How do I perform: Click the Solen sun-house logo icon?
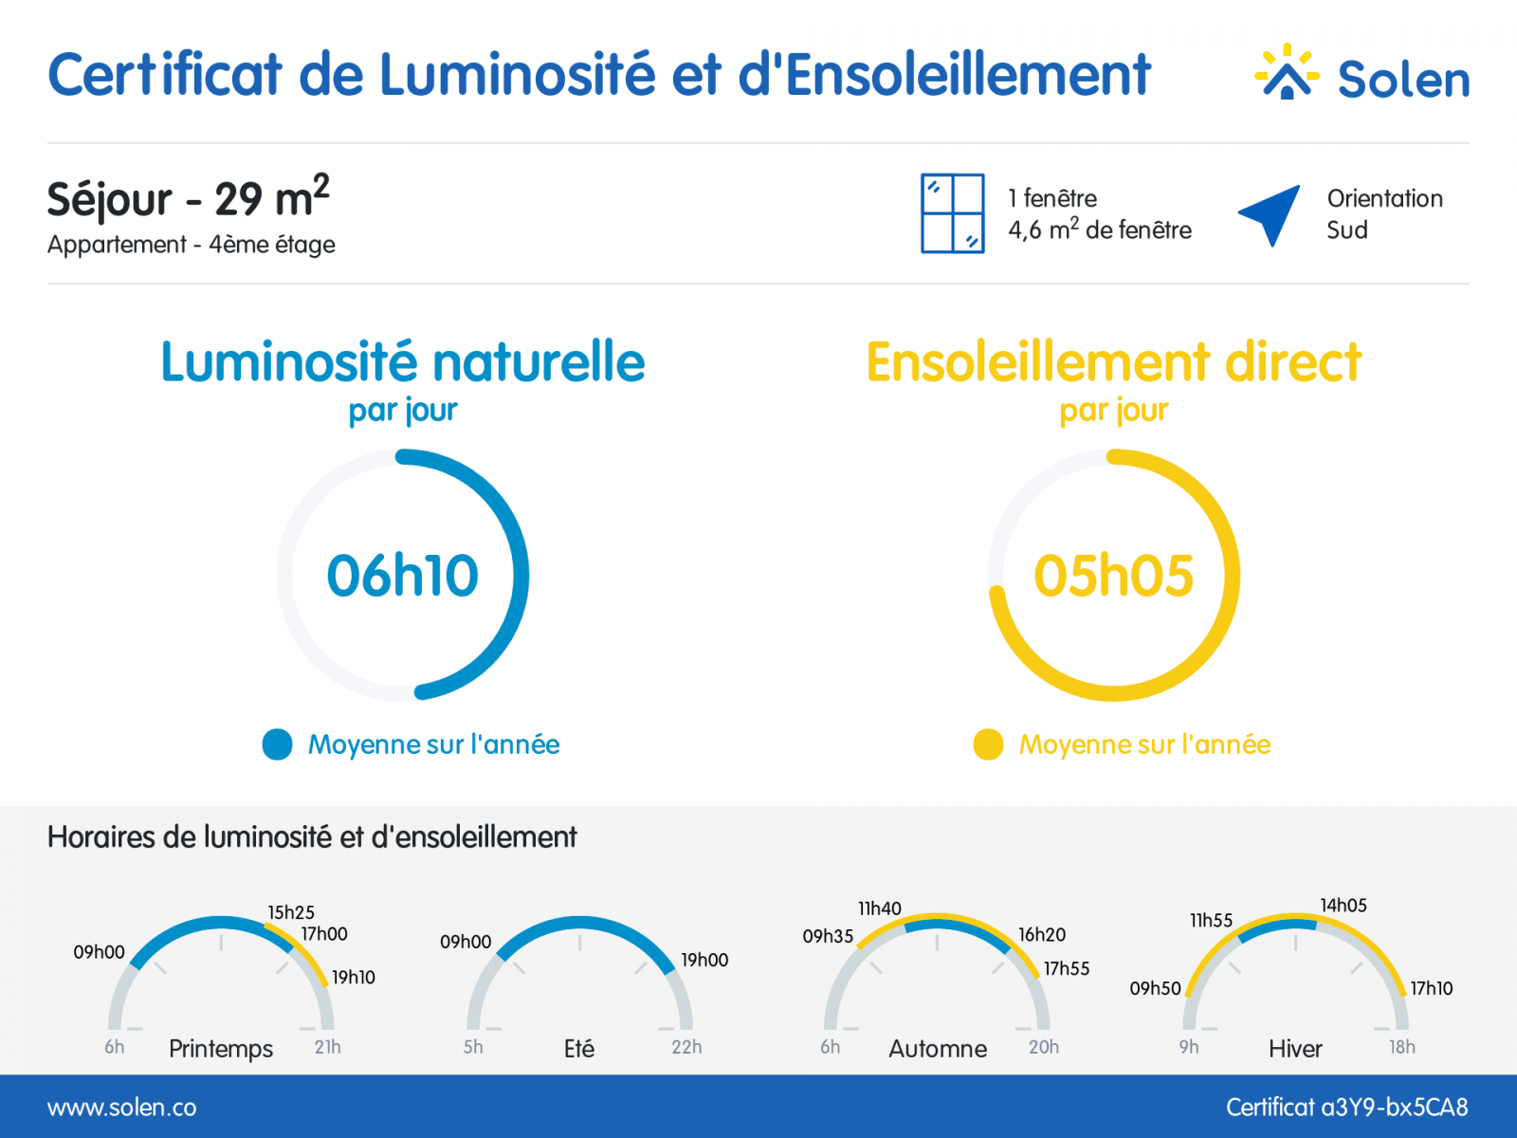tap(1287, 72)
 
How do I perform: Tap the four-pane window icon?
tap(952, 213)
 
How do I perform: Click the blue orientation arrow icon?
tap(1270, 215)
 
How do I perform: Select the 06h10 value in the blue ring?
tap(402, 576)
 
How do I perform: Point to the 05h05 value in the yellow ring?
tap(1113, 576)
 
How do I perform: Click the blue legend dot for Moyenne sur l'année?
tap(277, 744)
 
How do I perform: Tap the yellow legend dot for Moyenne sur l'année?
tap(988, 744)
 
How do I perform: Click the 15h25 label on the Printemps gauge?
tap(291, 912)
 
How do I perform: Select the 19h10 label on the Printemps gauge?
tap(353, 977)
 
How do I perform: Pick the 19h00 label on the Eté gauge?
tap(704, 960)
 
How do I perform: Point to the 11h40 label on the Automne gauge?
tap(880, 908)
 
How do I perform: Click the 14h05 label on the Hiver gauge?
tap(1343, 905)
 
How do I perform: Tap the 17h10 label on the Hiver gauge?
tap(1432, 988)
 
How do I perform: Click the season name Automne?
tap(938, 1049)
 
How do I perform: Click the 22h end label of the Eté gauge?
tap(686, 1048)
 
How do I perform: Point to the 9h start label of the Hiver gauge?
tap(1189, 1048)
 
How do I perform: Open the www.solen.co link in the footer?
tap(121, 1108)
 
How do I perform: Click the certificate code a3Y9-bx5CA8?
tap(1394, 1108)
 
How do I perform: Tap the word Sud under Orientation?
tap(1347, 230)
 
